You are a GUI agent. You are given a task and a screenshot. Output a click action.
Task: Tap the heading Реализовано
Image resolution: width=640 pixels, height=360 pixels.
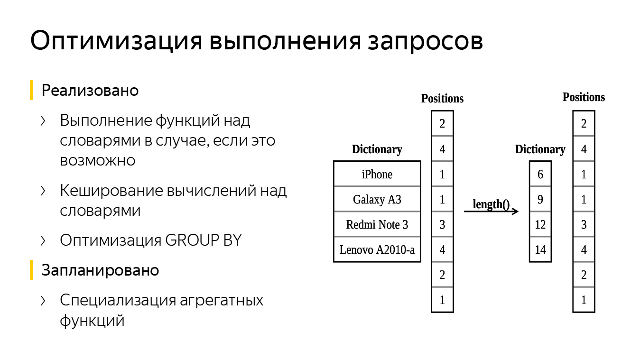(x=90, y=91)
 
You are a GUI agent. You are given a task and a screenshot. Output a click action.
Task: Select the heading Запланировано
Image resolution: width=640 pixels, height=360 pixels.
(x=100, y=270)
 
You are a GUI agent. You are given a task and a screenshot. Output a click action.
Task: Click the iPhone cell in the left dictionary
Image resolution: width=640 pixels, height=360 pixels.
(x=377, y=174)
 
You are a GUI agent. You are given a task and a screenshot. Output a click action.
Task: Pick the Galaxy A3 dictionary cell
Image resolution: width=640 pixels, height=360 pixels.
(x=377, y=199)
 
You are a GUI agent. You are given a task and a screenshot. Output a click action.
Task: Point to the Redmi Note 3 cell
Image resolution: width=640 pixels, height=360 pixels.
(x=377, y=224)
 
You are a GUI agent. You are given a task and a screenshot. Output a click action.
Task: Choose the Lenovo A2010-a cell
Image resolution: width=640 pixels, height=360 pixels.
(x=377, y=249)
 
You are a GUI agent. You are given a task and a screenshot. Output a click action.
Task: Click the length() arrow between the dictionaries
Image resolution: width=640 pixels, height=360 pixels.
(x=491, y=211)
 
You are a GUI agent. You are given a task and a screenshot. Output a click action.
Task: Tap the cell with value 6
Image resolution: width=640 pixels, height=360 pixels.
(x=540, y=174)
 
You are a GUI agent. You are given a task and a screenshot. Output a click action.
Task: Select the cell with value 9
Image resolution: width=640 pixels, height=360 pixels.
(x=540, y=199)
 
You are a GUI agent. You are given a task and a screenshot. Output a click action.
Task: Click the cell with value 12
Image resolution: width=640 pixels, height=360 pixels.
(x=540, y=224)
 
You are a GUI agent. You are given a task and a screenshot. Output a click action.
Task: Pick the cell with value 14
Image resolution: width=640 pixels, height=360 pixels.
(x=540, y=249)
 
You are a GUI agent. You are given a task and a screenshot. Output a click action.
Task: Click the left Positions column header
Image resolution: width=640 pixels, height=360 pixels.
(x=442, y=99)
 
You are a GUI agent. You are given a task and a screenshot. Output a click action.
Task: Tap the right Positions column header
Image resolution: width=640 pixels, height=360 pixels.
(x=584, y=97)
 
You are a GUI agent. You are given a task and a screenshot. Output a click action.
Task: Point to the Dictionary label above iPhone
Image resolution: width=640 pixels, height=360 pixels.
(x=377, y=149)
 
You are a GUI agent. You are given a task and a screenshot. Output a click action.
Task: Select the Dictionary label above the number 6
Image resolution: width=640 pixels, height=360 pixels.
(x=540, y=149)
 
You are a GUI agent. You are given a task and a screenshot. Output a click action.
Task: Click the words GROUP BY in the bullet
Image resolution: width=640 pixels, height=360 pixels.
(x=204, y=240)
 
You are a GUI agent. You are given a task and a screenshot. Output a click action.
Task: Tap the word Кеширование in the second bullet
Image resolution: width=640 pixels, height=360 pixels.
(x=111, y=191)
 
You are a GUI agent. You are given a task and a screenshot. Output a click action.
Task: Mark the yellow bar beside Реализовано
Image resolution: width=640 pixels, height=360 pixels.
(x=31, y=90)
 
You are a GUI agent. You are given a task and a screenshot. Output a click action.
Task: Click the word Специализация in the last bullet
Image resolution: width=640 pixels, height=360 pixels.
(x=116, y=301)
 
